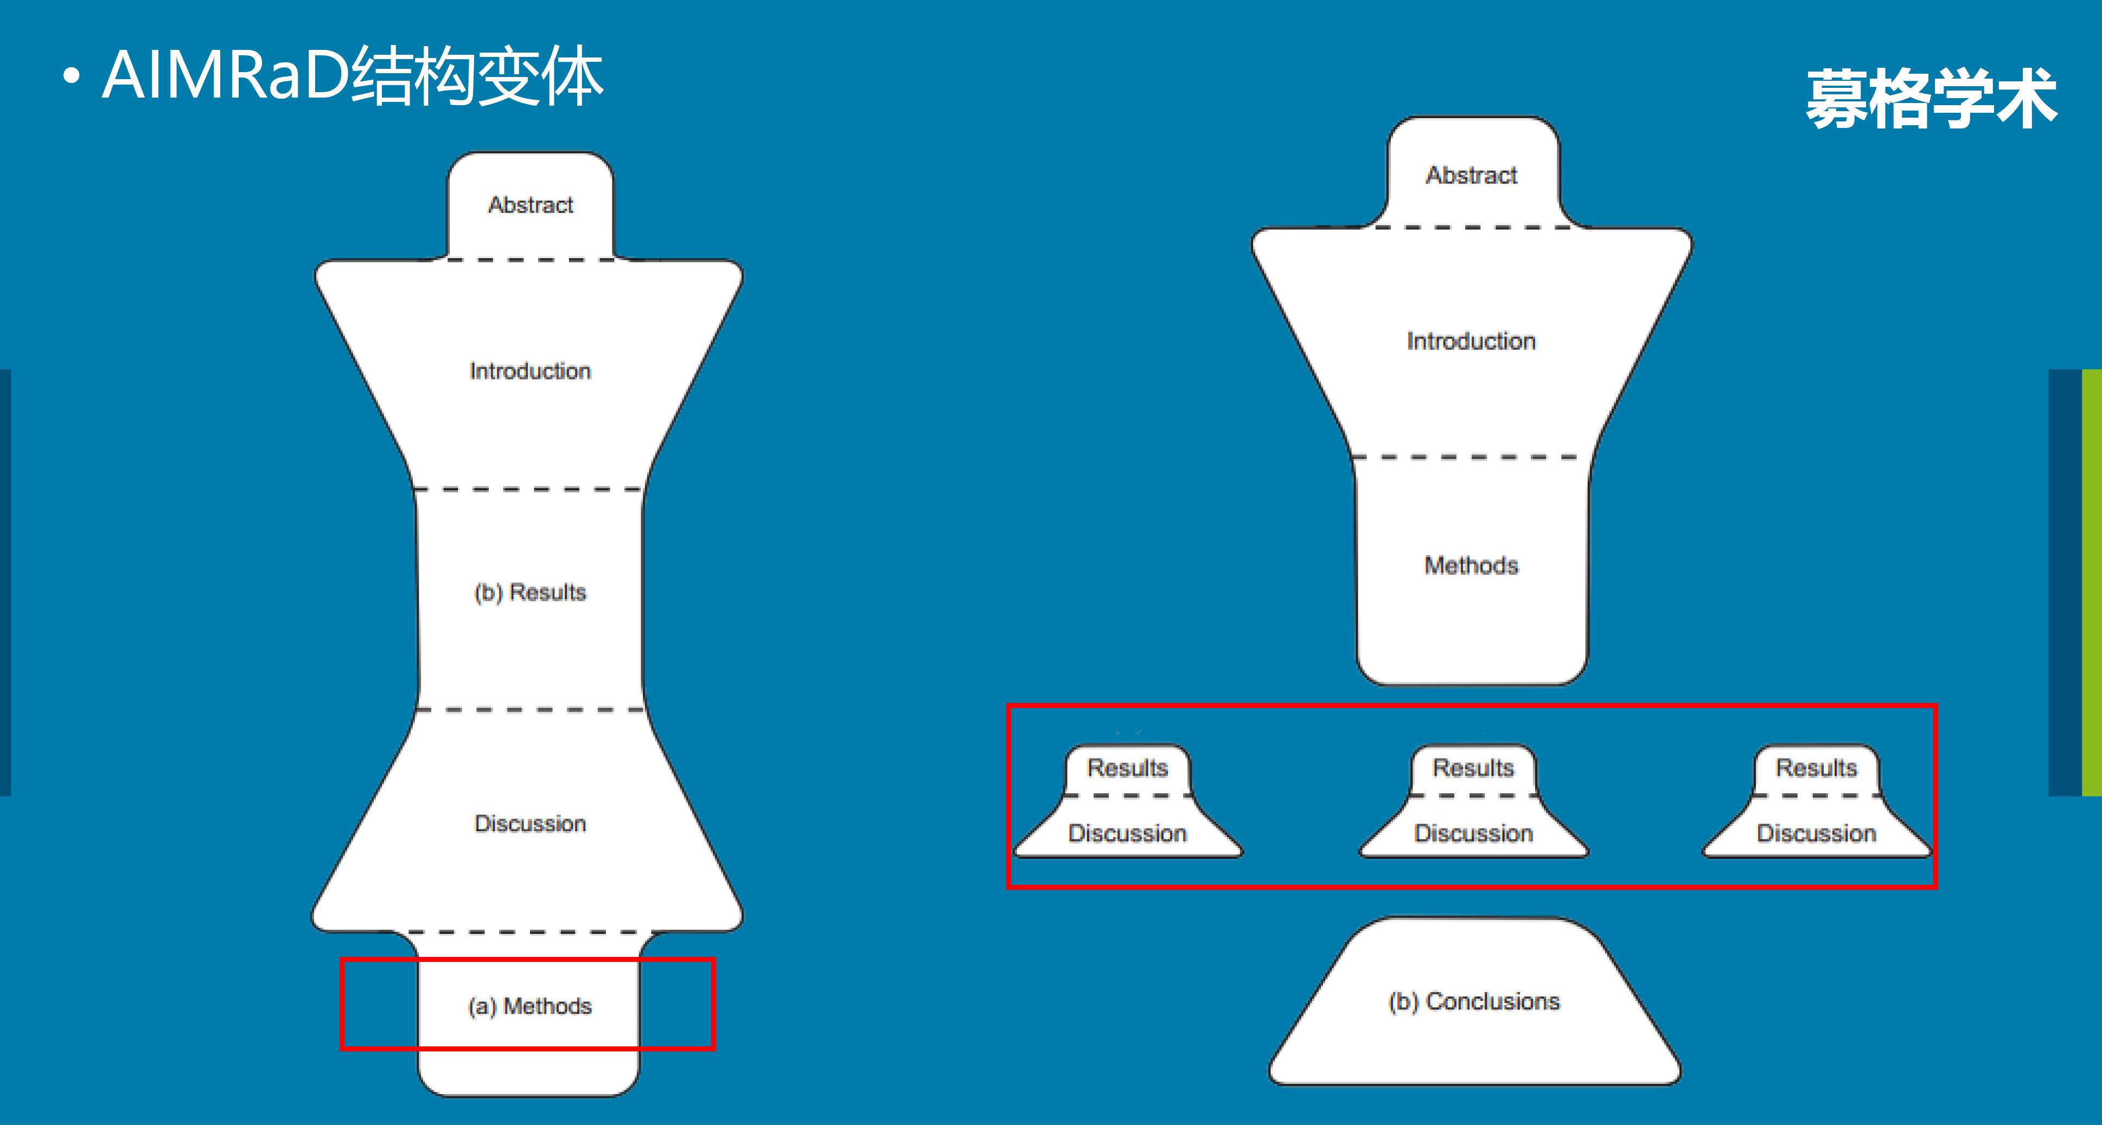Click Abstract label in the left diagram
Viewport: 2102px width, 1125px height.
tap(531, 205)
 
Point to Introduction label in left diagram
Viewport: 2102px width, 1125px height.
tap(531, 371)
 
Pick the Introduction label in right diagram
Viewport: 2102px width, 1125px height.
tap(1471, 341)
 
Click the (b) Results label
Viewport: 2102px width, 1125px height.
tap(531, 592)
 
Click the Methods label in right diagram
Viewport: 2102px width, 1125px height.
tap(1471, 565)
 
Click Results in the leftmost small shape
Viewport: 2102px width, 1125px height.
tap(1128, 768)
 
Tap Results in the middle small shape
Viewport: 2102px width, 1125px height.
tap(1473, 768)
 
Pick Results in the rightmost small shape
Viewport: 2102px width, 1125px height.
tap(1817, 768)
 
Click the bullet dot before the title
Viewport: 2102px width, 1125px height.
tap(72, 76)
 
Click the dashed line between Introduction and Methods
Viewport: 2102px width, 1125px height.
tap(1471, 458)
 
